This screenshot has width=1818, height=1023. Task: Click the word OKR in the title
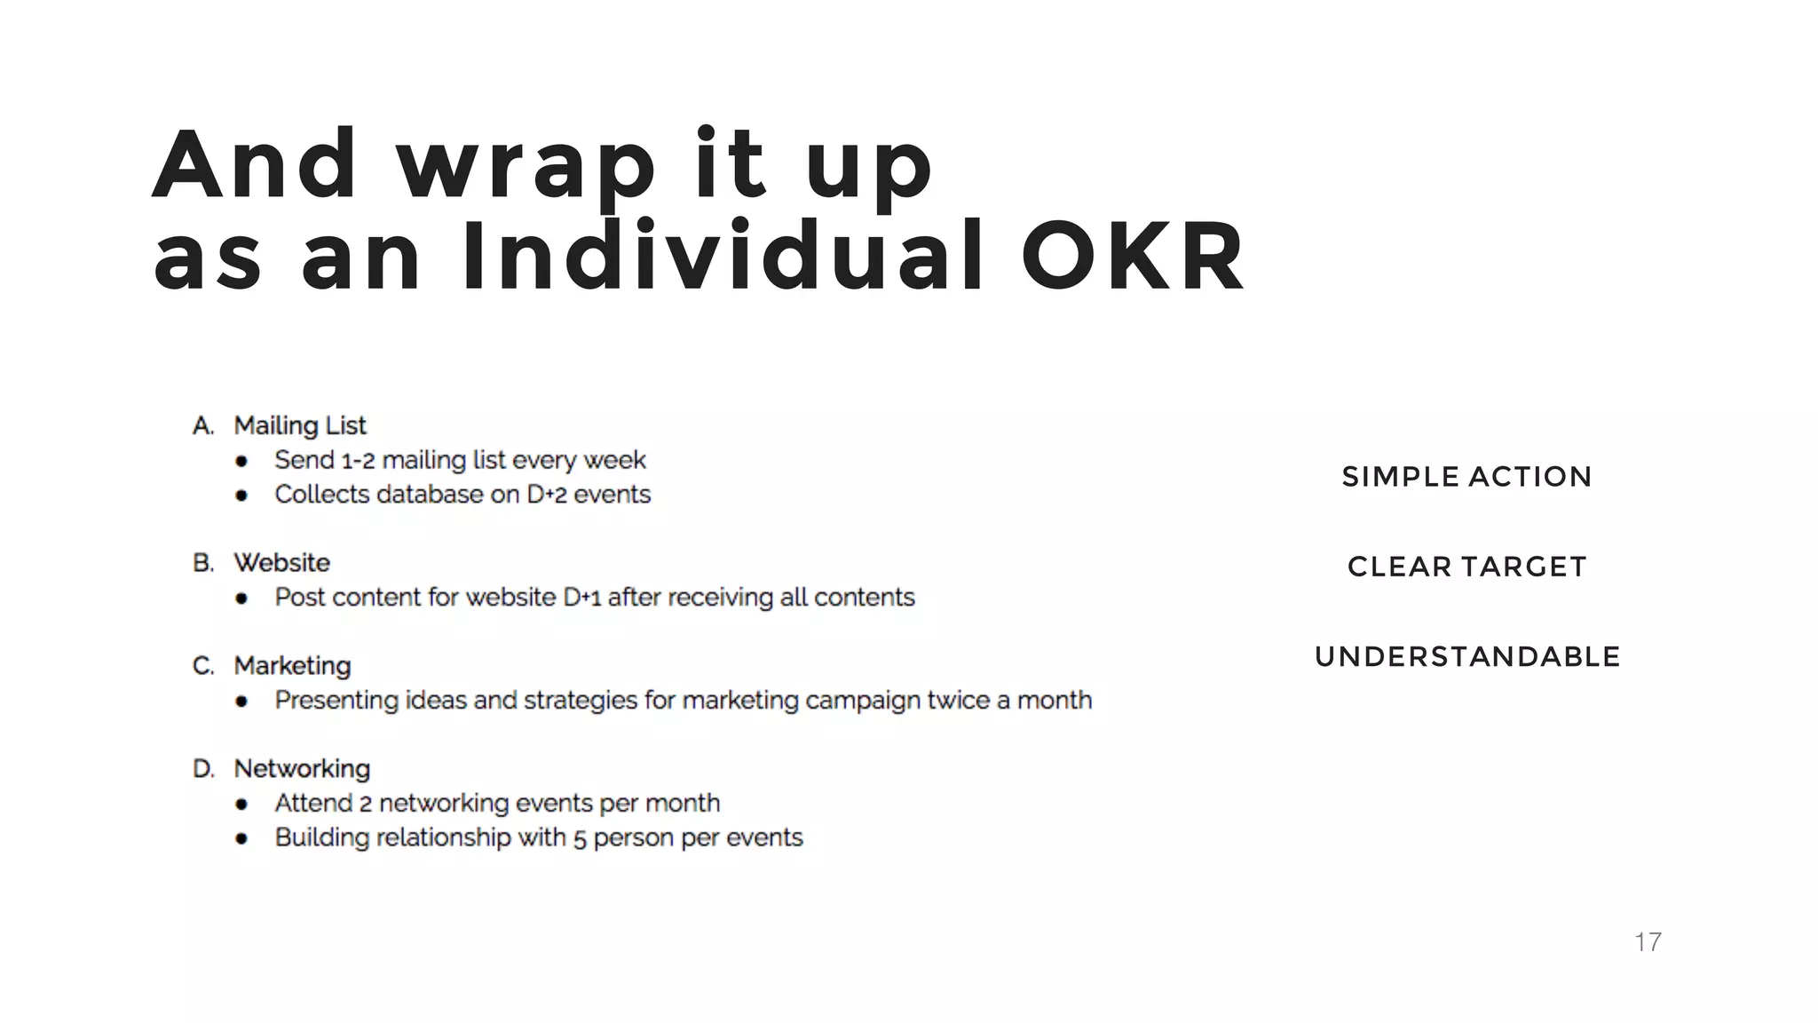tap(1134, 258)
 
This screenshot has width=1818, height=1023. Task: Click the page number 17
tap(1648, 942)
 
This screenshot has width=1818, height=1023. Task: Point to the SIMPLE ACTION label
tap(1466, 477)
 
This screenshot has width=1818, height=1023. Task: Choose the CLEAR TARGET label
tap(1466, 567)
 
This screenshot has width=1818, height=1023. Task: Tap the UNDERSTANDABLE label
tap(1466, 657)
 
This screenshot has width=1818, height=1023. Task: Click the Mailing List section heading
tap(300, 426)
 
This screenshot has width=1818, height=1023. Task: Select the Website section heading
tap(281, 563)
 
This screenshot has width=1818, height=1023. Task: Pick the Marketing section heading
tap(292, 666)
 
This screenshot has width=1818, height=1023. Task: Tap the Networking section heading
tap(302, 769)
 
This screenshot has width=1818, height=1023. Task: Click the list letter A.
tap(202, 426)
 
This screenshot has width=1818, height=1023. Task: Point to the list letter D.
tap(203, 769)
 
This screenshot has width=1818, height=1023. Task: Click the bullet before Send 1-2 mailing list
tap(241, 461)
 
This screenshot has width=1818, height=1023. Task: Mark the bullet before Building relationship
tap(241, 838)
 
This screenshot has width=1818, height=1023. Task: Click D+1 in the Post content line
tap(581, 598)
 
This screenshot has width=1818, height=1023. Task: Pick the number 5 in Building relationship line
tap(580, 839)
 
